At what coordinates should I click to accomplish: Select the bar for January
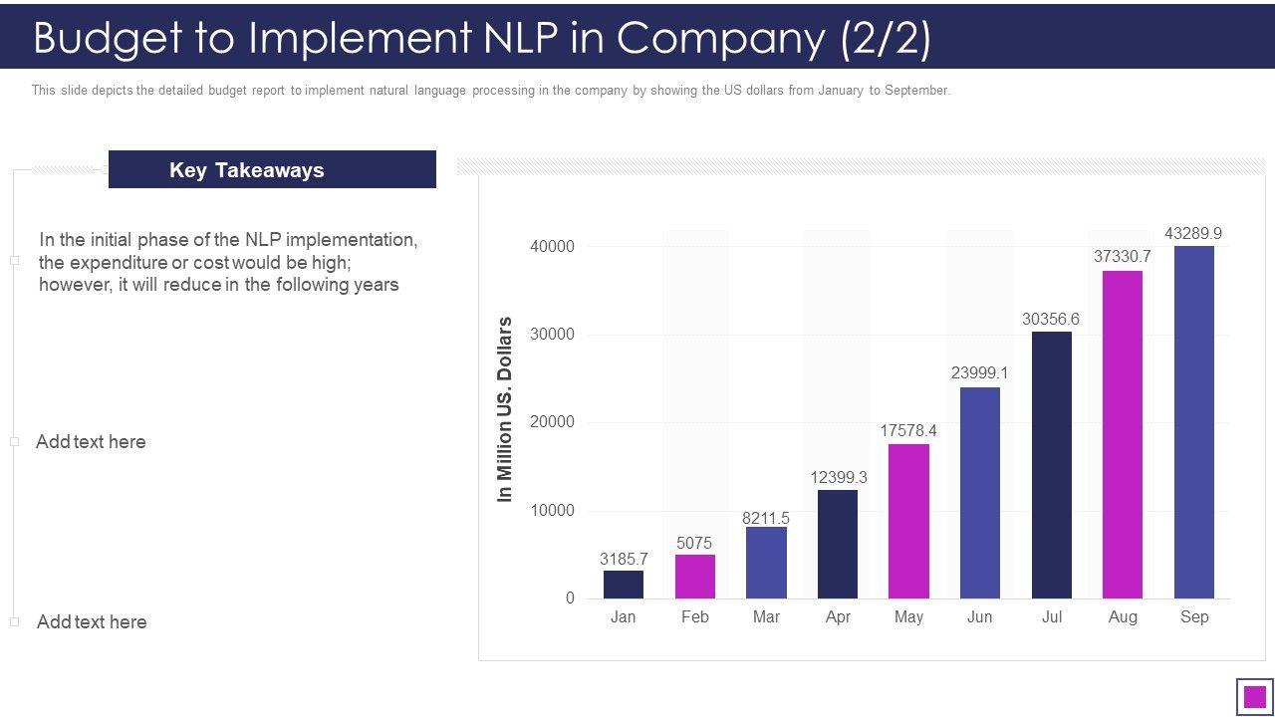pos(624,585)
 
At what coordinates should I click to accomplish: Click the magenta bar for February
pos(695,577)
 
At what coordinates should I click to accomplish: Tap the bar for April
pos(838,544)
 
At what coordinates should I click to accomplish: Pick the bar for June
pos(980,493)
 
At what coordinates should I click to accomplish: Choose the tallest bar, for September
pos(1194,422)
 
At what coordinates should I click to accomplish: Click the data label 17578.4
pos(908,431)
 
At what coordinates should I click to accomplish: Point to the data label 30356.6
pos(1051,320)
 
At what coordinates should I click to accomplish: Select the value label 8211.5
pos(766,519)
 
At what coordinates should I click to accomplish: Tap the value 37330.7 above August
pos(1123,257)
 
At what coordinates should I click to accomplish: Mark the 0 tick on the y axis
pos(570,598)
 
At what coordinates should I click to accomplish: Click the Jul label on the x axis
pos(1052,617)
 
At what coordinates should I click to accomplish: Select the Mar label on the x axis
pos(766,617)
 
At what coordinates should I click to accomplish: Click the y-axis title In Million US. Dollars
pos(505,409)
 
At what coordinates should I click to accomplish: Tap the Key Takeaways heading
pos(247,170)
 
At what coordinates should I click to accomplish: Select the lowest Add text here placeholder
pos(92,622)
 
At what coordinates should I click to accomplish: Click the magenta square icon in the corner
pos(1255,696)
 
